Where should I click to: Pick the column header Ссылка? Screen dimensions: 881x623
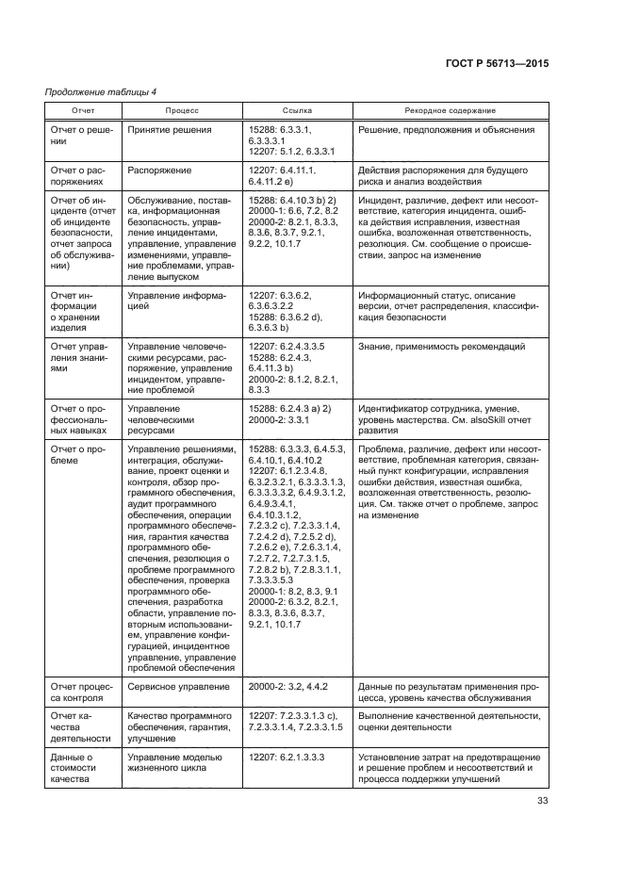pyautogui.click(x=297, y=110)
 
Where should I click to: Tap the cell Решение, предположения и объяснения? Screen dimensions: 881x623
pyautogui.click(x=447, y=129)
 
